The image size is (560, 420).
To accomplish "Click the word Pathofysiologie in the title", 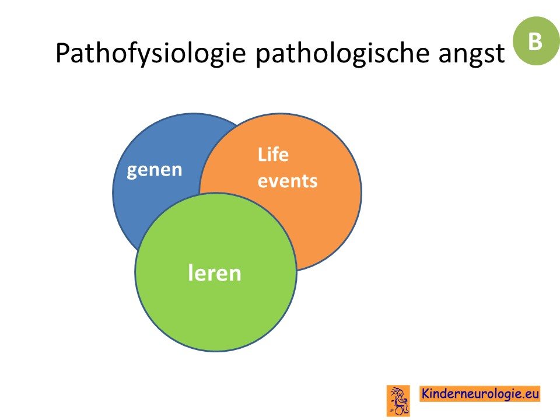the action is pyautogui.click(x=150, y=54).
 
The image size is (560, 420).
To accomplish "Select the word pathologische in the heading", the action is pyautogui.click(x=342, y=54).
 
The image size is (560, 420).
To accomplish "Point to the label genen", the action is pyautogui.click(x=154, y=170).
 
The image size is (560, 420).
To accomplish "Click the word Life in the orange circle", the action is pyautogui.click(x=273, y=155).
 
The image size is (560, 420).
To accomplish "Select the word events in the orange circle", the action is pyautogui.click(x=288, y=181).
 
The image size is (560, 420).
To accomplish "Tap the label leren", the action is pyautogui.click(x=215, y=273).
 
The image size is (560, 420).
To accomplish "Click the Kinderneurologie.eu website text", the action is pyautogui.click(x=480, y=394).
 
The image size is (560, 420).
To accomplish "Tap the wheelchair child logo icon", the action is pyautogui.click(x=398, y=401).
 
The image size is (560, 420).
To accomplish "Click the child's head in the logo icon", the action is pyautogui.click(x=400, y=394).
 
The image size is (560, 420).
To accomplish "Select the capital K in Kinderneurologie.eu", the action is pyautogui.click(x=426, y=393).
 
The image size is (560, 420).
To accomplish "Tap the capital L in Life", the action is pyautogui.click(x=262, y=155).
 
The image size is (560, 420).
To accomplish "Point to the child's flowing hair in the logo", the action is pyautogui.click(x=394, y=391).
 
